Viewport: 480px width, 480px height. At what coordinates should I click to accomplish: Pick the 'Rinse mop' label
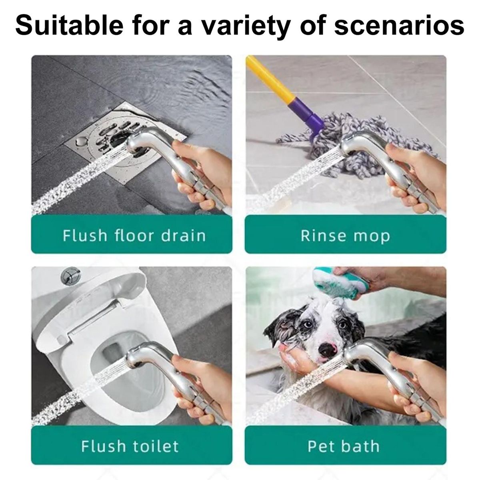pyautogui.click(x=345, y=236)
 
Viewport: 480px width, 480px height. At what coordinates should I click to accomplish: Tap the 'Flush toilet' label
pyautogui.click(x=130, y=446)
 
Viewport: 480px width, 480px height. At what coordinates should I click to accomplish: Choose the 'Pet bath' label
pyautogui.click(x=344, y=446)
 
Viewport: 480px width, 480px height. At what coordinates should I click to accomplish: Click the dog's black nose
pyautogui.click(x=328, y=350)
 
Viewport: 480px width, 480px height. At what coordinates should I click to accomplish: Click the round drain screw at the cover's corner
pyautogui.click(x=80, y=142)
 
